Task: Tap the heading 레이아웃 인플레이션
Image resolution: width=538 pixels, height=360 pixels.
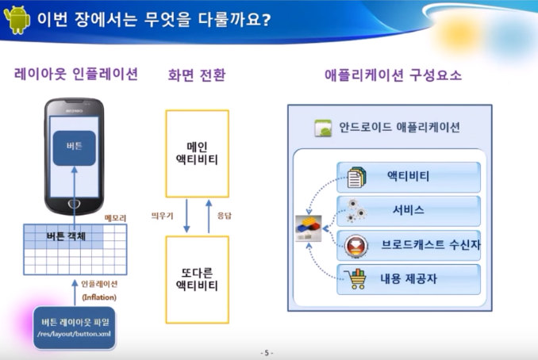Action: [x=76, y=75]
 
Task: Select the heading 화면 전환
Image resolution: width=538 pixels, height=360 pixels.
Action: [x=197, y=75]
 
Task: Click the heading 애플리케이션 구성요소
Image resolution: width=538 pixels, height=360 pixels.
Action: [x=394, y=75]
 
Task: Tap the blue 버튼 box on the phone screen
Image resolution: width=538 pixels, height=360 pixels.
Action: [x=74, y=147]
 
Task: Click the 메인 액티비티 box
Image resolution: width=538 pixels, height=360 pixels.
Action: [x=197, y=153]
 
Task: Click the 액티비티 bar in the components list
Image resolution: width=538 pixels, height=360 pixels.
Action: [x=409, y=176]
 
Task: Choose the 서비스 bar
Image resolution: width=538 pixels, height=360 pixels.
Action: [x=409, y=210]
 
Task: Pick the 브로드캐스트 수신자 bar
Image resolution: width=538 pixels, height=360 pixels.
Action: [x=409, y=245]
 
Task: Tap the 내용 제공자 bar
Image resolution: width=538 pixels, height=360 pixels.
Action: [x=409, y=279]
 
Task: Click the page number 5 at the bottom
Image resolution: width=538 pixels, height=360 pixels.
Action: [x=267, y=353]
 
